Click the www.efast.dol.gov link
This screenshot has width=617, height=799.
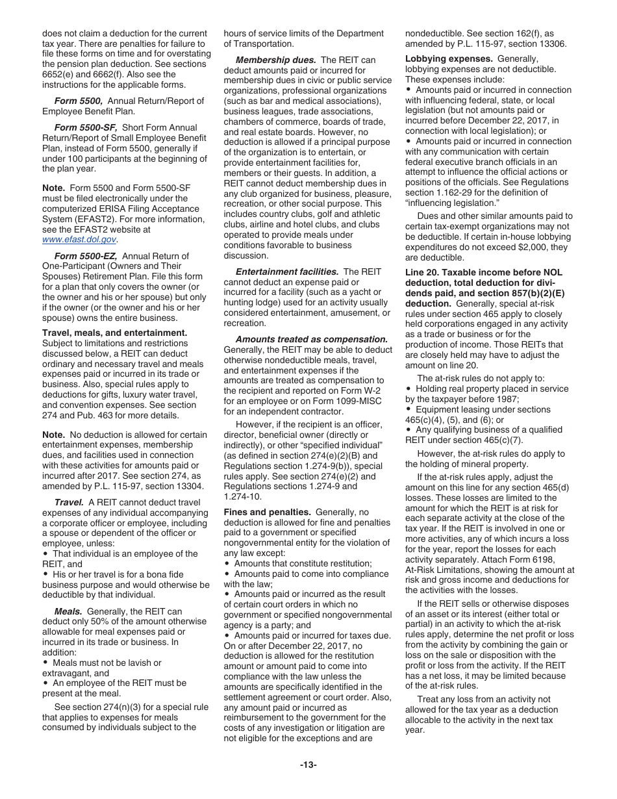[x=80, y=240]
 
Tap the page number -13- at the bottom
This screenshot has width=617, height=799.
[x=308, y=765]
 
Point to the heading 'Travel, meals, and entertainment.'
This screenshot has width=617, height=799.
[x=114, y=333]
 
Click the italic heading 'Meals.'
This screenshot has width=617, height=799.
[x=68, y=611]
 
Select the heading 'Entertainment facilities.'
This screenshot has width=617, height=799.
[x=287, y=272]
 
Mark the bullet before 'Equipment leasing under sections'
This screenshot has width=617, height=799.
[x=409, y=409]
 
